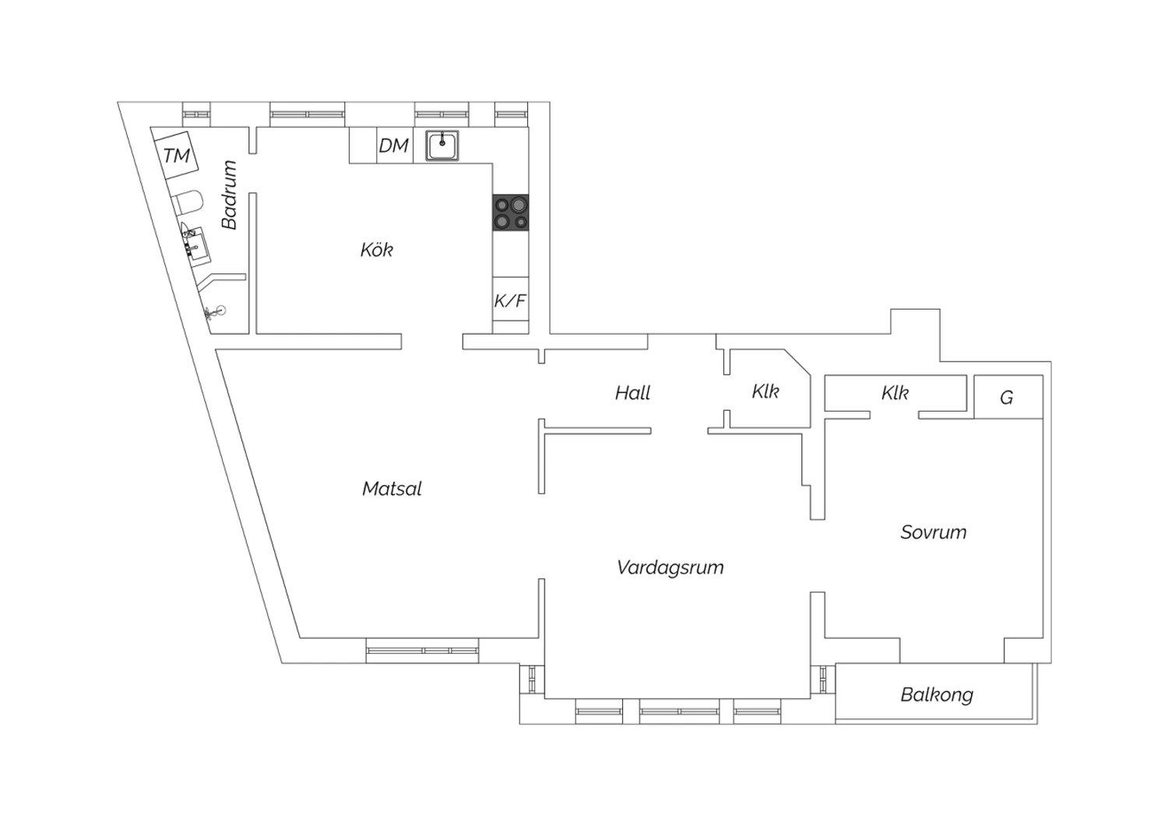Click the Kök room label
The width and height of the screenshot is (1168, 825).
(376, 250)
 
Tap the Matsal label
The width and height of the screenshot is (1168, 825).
(392, 488)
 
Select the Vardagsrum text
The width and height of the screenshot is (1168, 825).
(670, 567)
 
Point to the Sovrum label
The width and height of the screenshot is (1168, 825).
(934, 532)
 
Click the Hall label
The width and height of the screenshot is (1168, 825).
(632, 393)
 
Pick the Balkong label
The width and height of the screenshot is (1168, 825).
(937, 695)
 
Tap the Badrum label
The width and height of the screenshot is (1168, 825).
(230, 195)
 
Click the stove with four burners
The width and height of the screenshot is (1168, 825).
(511, 212)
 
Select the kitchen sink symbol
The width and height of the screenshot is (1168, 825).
(442, 146)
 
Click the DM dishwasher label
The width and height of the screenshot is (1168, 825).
(394, 146)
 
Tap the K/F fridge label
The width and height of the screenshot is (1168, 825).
(510, 300)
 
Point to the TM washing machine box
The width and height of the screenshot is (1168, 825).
(177, 156)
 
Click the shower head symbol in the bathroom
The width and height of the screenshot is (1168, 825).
(216, 311)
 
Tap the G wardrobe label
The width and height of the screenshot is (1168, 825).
(1006, 398)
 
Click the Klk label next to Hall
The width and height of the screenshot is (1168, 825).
(765, 391)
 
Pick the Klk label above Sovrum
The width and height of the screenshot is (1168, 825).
(895, 393)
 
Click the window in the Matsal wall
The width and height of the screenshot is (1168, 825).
(422, 651)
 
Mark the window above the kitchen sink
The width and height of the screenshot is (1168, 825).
(442, 114)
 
